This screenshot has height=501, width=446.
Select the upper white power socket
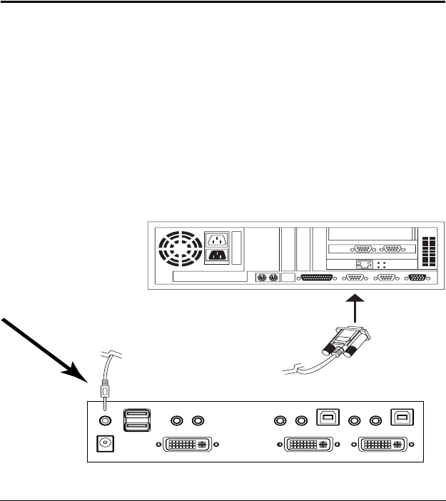(217, 241)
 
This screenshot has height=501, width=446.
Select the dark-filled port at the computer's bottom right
(417, 279)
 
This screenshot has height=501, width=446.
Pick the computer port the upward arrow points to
(355, 279)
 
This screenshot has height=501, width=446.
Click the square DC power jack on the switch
(105, 444)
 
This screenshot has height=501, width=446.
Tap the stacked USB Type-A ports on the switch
(136, 422)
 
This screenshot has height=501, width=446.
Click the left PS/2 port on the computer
(261, 279)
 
